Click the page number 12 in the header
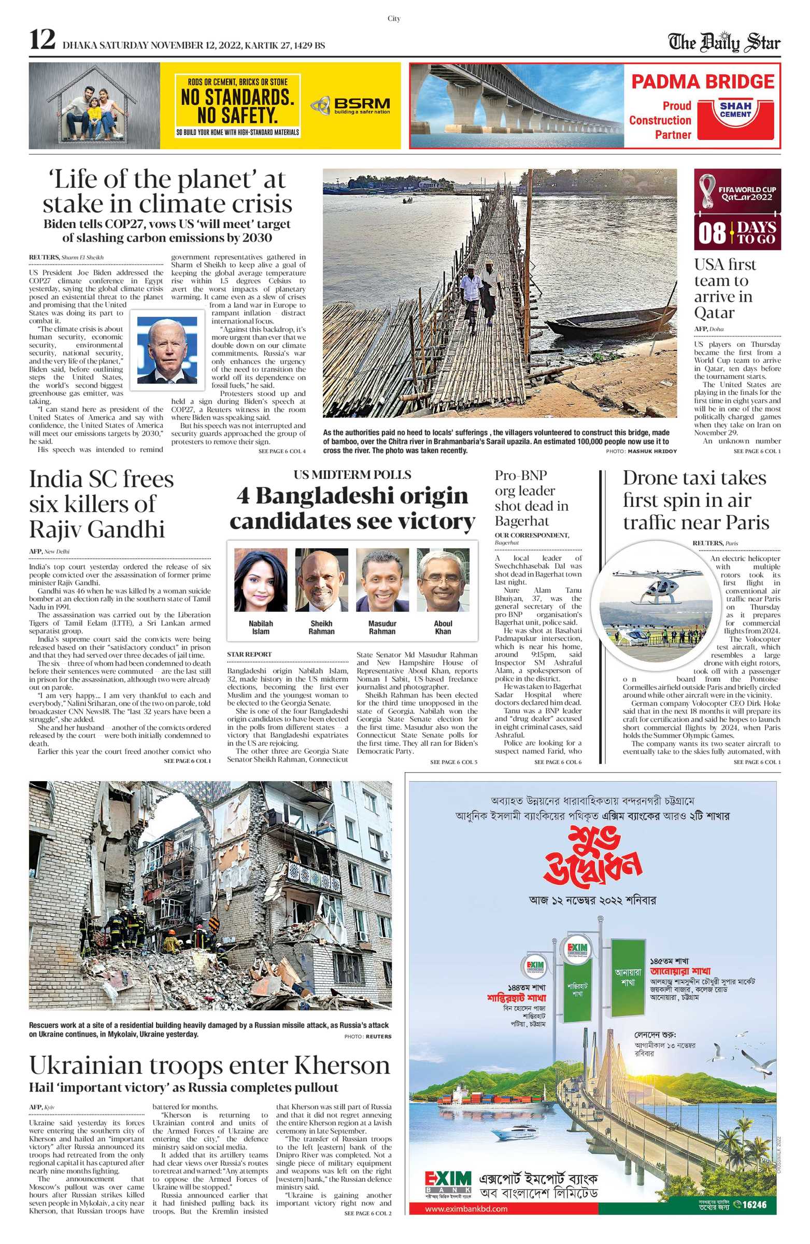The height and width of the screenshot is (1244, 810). (42, 40)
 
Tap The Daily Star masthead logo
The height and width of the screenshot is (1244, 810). (724, 43)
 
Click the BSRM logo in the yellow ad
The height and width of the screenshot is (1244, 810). (350, 106)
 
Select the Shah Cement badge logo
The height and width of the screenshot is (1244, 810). (735, 110)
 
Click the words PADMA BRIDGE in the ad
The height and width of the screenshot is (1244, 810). (702, 82)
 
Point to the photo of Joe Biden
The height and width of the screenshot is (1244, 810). (167, 350)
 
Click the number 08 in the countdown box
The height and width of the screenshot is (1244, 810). (712, 233)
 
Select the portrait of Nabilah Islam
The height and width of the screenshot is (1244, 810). (260, 579)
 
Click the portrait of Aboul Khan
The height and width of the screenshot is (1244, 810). (443, 579)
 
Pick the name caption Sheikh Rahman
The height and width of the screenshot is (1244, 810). (321, 627)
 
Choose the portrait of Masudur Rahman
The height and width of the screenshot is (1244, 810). (382, 579)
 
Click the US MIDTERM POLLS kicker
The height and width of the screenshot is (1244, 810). (352, 475)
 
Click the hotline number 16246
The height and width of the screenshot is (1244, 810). (754, 1204)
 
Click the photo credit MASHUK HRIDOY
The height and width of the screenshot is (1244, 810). (651, 451)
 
